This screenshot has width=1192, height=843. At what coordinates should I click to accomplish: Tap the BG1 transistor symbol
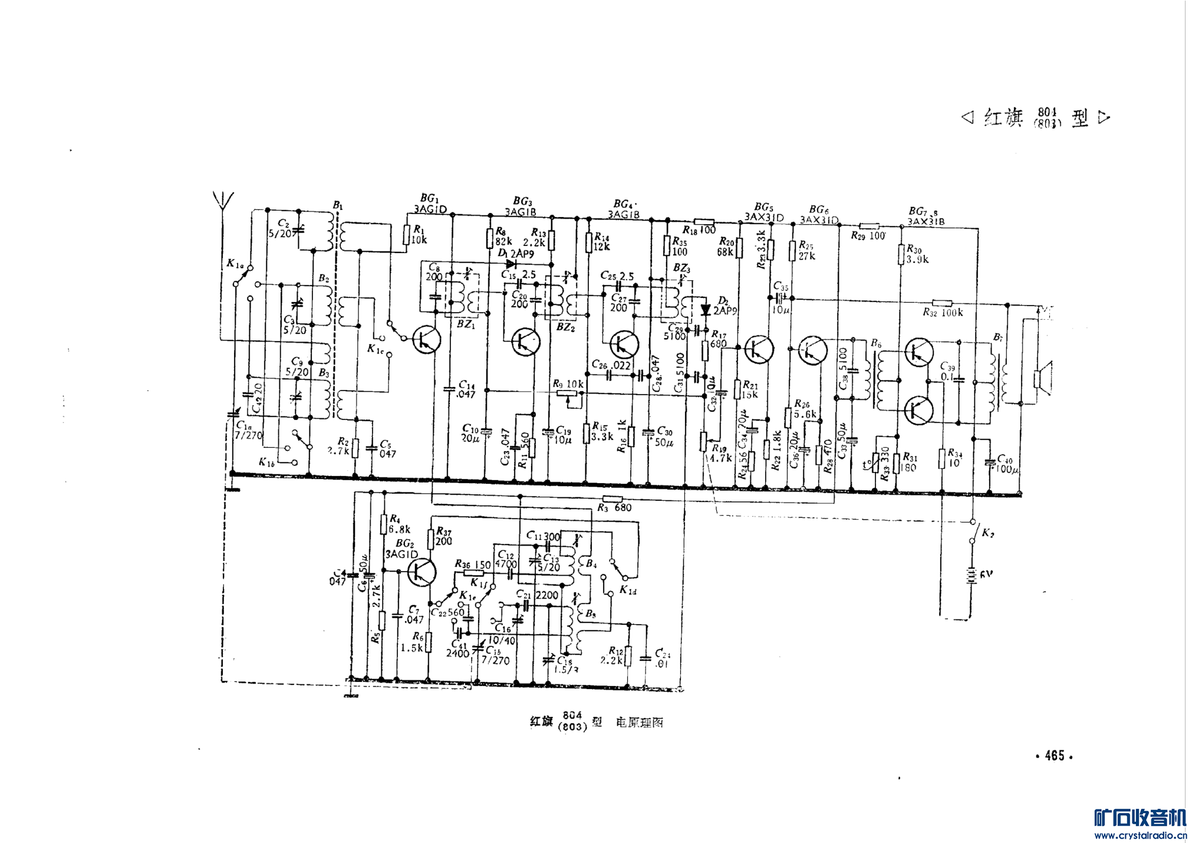click(x=426, y=340)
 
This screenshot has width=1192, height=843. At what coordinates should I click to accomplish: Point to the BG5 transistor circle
click(x=759, y=349)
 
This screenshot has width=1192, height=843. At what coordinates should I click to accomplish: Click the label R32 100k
click(x=943, y=312)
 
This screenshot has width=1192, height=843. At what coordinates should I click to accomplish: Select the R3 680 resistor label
click(x=614, y=507)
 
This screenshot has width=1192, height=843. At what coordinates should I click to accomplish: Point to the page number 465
click(x=1054, y=756)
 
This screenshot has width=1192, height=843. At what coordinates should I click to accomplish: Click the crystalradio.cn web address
click(x=1140, y=835)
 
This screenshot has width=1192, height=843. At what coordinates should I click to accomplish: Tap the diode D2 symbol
click(x=705, y=309)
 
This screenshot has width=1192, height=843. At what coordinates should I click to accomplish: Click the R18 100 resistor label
click(x=699, y=230)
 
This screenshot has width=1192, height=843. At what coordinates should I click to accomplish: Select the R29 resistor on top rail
click(x=870, y=226)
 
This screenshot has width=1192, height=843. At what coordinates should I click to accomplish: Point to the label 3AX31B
click(x=926, y=222)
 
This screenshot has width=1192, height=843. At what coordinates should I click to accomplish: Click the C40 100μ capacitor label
click(x=1007, y=464)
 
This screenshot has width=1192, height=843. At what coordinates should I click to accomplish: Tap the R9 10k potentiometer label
click(x=568, y=384)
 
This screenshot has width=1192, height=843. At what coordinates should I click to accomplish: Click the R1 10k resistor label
click(x=419, y=235)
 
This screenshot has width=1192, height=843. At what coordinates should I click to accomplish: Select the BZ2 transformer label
click(x=565, y=327)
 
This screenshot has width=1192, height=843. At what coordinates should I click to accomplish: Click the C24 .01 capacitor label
click(x=662, y=658)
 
